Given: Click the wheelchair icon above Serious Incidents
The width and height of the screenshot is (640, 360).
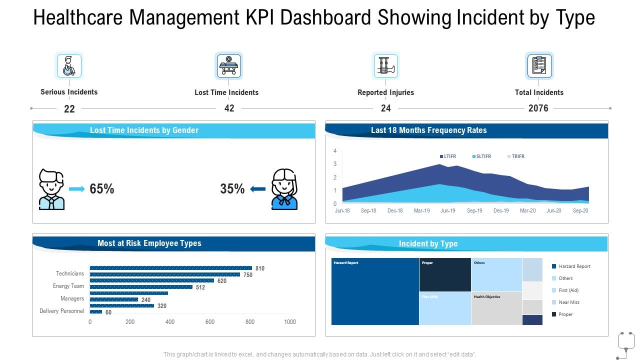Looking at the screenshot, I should tap(68, 66).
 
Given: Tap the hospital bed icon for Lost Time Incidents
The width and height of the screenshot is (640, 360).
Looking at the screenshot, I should tap(229, 66).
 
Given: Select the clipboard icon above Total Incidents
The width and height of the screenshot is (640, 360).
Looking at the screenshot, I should tap(539, 66).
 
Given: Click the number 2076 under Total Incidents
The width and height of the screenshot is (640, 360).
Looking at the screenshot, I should tap(538, 108).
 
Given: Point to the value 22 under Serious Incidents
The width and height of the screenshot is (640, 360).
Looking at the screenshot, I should tap(69, 109).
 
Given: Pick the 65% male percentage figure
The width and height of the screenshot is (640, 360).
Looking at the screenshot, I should tap(102, 189).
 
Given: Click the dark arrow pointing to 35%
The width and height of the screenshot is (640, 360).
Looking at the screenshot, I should tap(257, 189).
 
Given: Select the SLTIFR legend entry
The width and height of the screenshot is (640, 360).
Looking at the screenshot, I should tap(481, 156).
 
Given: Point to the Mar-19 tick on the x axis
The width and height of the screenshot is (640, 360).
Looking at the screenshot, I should tap(421, 211).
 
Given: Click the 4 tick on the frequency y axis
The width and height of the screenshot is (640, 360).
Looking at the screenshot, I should tap(335, 151).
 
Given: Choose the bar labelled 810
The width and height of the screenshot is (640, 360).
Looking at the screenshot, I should tap(170, 268).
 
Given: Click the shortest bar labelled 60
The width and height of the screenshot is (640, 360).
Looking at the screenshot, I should tap(96, 312).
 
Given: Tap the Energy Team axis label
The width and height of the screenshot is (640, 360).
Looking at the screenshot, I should tap(68, 286).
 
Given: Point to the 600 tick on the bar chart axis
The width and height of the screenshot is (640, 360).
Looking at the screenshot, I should tap(210, 322).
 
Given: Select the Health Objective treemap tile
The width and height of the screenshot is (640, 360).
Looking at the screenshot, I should tap(496, 308).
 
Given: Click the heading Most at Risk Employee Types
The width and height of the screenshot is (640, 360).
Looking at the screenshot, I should tap(149, 243).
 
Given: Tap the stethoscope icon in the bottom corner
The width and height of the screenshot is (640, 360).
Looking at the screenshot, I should tap(625, 344).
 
